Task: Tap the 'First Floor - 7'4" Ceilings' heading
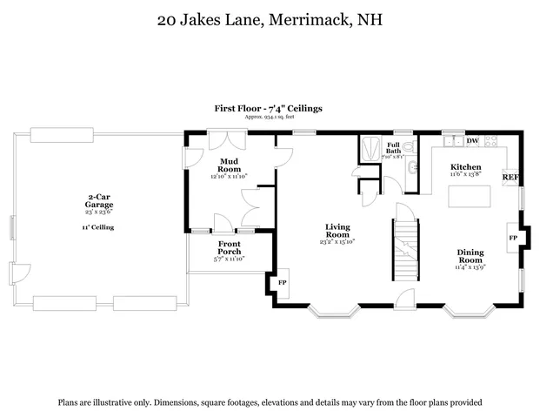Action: click(269, 108)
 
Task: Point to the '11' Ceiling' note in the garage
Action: click(99, 227)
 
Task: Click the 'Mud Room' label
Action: click(229, 165)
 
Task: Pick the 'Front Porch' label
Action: click(230, 246)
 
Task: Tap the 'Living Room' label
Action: click(337, 230)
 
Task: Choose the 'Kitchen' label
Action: click(465, 166)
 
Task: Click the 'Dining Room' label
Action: click(470, 256)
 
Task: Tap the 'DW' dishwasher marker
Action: click(472, 141)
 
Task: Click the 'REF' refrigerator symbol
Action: click(510, 177)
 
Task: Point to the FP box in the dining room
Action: click(512, 237)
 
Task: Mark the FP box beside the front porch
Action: click(281, 283)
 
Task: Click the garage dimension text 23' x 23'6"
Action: click(99, 212)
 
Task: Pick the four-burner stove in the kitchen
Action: click(492, 141)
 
